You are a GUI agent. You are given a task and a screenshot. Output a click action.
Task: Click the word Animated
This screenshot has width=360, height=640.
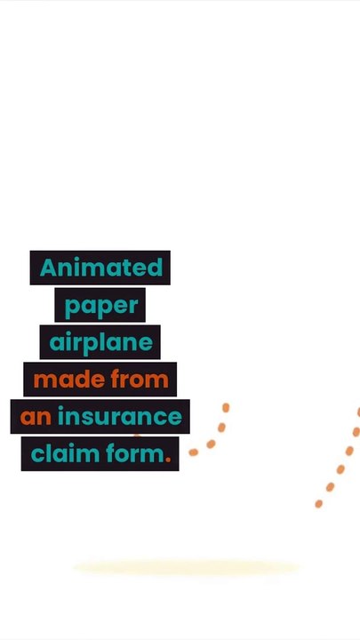(x=101, y=268)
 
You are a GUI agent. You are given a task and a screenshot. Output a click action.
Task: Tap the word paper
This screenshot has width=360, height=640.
(x=101, y=306)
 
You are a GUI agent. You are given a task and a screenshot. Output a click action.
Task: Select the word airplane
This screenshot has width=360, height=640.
(x=100, y=343)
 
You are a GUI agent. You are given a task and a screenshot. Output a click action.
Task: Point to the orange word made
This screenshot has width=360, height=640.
(x=69, y=380)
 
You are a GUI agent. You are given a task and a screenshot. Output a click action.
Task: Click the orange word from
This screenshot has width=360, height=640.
(x=140, y=380)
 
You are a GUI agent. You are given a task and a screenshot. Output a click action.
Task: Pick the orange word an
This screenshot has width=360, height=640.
(x=36, y=418)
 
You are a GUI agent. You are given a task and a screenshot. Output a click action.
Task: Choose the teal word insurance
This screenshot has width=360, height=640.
(x=120, y=416)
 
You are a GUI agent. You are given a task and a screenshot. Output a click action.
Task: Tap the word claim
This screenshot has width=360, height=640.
(x=65, y=453)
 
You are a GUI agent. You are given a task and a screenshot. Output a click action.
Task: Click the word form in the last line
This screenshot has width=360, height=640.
(x=135, y=453)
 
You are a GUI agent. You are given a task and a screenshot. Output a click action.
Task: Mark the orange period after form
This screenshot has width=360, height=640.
(x=168, y=460)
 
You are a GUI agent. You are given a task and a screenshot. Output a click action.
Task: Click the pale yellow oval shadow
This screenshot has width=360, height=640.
(x=187, y=567)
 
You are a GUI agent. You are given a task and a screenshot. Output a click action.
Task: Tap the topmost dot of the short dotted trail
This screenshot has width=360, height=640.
(x=226, y=407)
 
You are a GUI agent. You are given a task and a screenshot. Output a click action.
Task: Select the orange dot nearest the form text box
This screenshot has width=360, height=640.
(x=194, y=452)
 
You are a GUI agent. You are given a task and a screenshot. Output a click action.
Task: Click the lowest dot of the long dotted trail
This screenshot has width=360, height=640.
(x=319, y=504)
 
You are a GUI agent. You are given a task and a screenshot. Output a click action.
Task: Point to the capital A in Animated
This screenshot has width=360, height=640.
(x=48, y=268)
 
